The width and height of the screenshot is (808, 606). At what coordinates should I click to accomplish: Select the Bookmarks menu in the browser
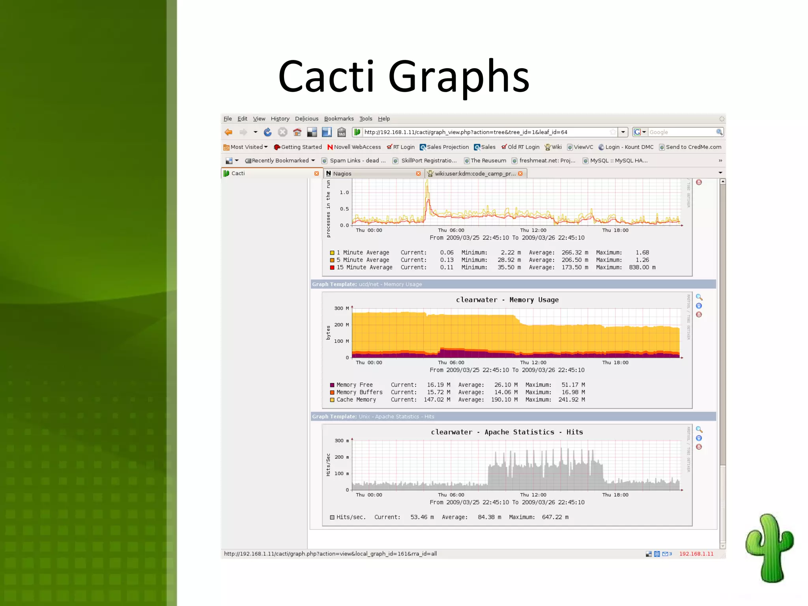pyautogui.click(x=339, y=119)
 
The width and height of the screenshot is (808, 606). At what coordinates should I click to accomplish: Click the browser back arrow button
pyautogui.click(x=228, y=132)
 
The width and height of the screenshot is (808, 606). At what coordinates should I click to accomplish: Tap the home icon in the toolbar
pyautogui.click(x=297, y=132)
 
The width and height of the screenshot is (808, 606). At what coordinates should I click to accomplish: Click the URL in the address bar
pyautogui.click(x=466, y=132)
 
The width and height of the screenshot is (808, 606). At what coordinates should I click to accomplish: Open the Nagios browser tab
pyautogui.click(x=342, y=174)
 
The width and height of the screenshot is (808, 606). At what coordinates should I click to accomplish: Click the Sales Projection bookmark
pyautogui.click(x=447, y=147)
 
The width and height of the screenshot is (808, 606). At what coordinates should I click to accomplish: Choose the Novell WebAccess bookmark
pyautogui.click(x=357, y=147)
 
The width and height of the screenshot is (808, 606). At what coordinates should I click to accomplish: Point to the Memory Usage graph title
pyautogui.click(x=507, y=300)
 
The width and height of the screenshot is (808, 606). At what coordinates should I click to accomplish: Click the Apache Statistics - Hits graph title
pyautogui.click(x=507, y=432)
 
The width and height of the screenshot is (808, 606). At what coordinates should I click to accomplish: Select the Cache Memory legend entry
pyautogui.click(x=356, y=400)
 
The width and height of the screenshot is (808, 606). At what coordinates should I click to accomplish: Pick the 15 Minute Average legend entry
pyautogui.click(x=364, y=267)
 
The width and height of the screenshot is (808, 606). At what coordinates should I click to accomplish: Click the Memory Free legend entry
pyautogui.click(x=354, y=385)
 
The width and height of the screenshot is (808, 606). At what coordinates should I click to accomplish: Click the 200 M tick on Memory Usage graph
pyautogui.click(x=341, y=325)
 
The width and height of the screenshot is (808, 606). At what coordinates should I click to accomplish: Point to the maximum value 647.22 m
pyautogui.click(x=555, y=517)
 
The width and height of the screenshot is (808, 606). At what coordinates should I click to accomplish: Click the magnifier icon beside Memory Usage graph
pyautogui.click(x=699, y=297)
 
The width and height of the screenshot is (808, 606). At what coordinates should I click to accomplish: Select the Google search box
pyautogui.click(x=681, y=132)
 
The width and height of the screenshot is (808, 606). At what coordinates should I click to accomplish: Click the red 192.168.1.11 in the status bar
pyautogui.click(x=696, y=554)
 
